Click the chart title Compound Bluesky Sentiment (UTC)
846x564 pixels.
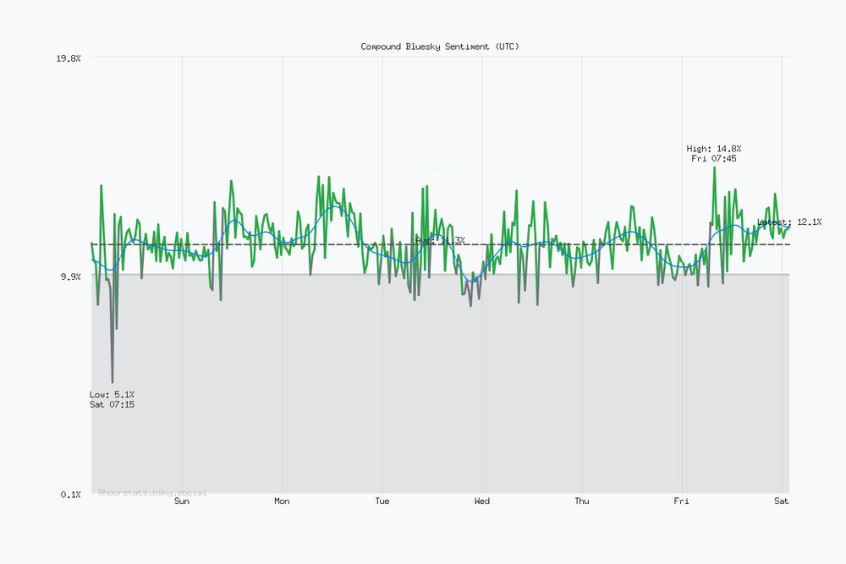440,47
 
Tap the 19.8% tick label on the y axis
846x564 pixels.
68,58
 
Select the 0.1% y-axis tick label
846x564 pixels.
71,495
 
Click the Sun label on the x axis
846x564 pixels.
182,501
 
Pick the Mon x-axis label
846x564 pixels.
282,501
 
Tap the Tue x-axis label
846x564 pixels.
382,501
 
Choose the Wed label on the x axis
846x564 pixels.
482,501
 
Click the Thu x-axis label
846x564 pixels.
582,501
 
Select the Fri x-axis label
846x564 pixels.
682,501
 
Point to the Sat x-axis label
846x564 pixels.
782,501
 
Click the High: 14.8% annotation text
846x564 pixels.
714,149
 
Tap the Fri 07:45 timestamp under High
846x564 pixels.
714,159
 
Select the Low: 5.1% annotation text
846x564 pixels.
112,395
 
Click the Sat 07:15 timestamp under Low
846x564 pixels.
112,405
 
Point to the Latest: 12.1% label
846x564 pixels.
789,222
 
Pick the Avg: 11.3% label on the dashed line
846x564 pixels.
440,241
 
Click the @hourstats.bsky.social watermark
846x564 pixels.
152,492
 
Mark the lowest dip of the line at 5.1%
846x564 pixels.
112,383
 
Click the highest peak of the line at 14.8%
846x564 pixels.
714,167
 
